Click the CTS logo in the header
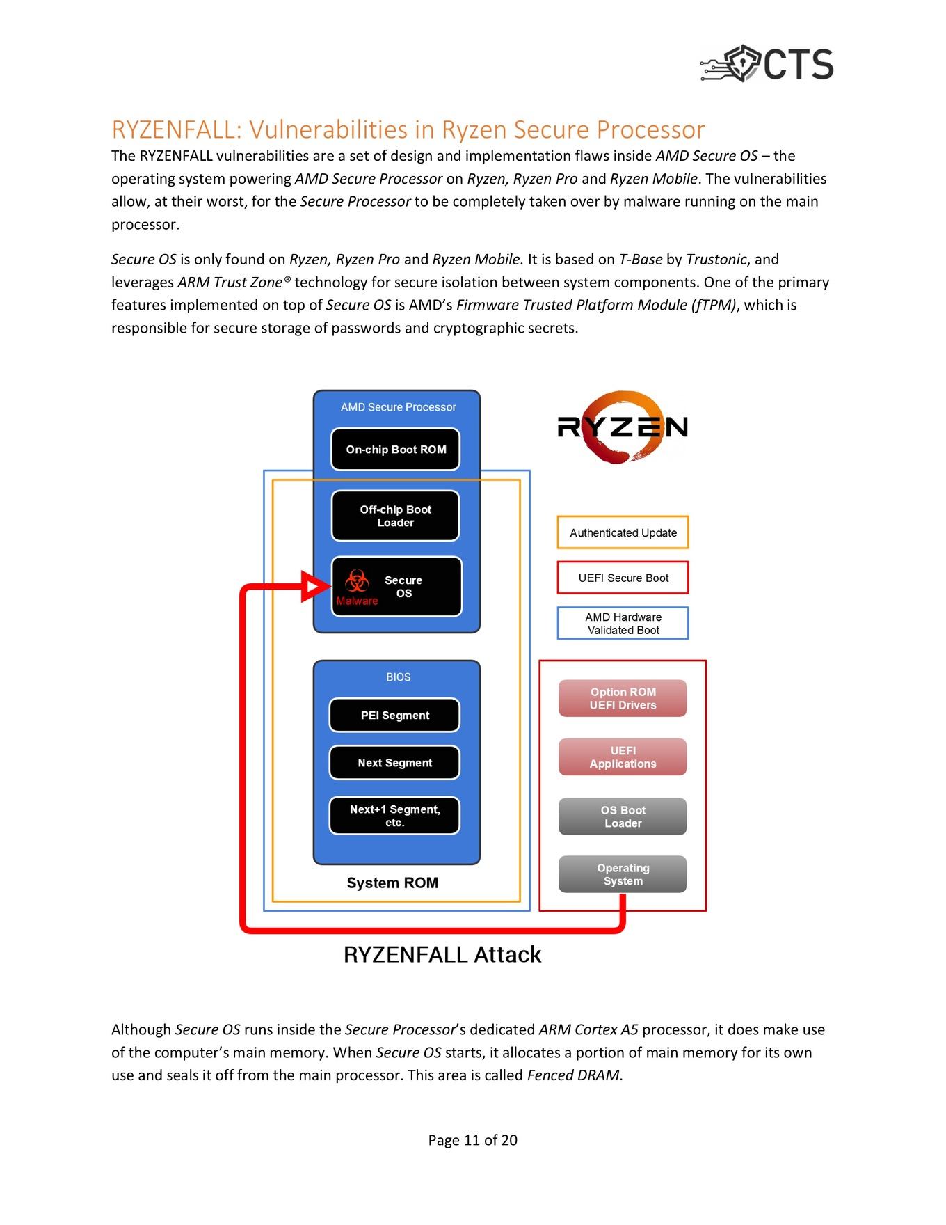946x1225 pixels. (x=767, y=64)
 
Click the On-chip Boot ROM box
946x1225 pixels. (x=395, y=450)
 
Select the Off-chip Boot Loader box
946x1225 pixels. (x=395, y=516)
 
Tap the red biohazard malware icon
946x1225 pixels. (x=357, y=580)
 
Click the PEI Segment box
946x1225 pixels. (x=394, y=716)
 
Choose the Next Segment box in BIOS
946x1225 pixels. (x=394, y=763)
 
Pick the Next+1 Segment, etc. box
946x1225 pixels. (x=394, y=816)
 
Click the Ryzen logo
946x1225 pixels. (x=623, y=427)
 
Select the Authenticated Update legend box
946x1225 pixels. (x=623, y=532)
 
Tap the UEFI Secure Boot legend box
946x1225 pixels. (x=623, y=578)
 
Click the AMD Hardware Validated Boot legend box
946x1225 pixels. (x=623, y=624)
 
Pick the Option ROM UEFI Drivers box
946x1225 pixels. (x=623, y=699)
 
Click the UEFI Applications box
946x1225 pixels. (x=623, y=757)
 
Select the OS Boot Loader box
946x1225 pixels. (x=623, y=816)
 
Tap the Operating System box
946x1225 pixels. (x=623, y=874)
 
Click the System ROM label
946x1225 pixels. (x=392, y=883)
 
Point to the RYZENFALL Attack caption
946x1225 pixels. (x=442, y=954)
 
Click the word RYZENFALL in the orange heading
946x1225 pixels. (x=175, y=130)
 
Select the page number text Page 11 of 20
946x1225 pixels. (x=473, y=1140)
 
